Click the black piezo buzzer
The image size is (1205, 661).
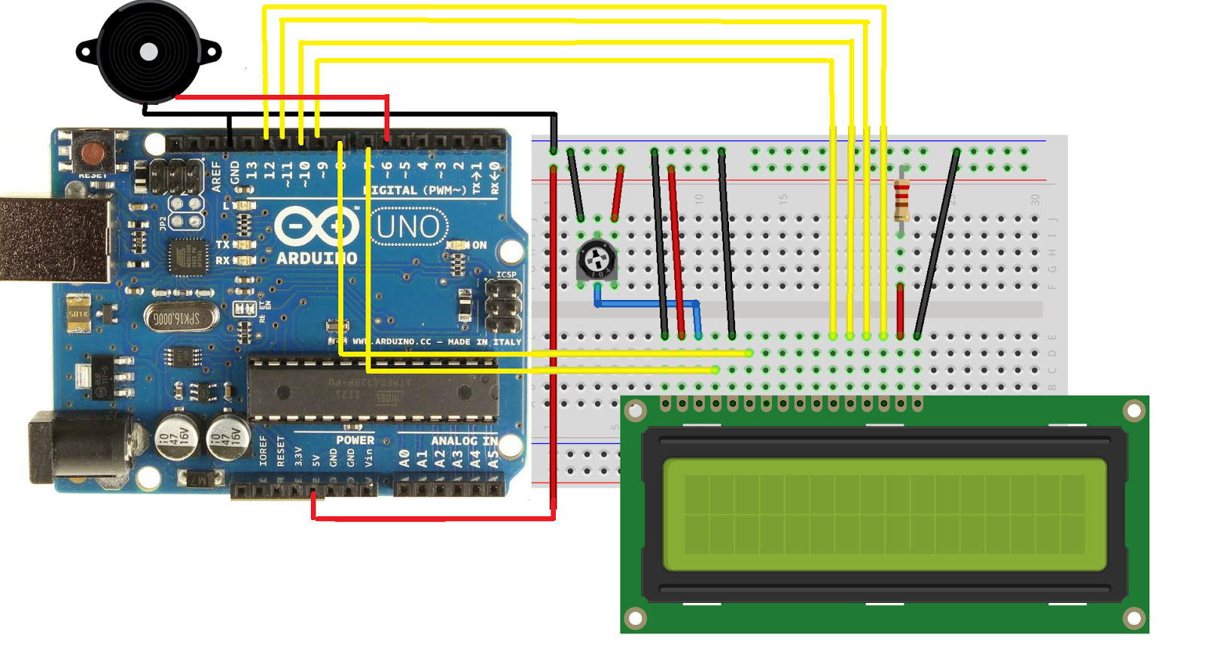tap(148, 51)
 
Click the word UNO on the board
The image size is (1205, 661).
tap(408, 226)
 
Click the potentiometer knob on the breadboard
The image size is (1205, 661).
tap(597, 261)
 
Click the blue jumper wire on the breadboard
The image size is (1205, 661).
tap(648, 304)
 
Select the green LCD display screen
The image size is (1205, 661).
tap(884, 515)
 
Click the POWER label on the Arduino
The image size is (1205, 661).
tap(355, 440)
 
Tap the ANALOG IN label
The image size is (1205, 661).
tap(464, 440)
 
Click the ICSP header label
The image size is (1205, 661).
tap(506, 274)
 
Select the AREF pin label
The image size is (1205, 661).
tap(217, 176)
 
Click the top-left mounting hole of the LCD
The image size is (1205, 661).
tap(635, 411)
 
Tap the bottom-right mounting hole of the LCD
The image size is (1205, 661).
tap(1133, 619)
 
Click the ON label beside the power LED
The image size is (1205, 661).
tap(479, 246)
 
